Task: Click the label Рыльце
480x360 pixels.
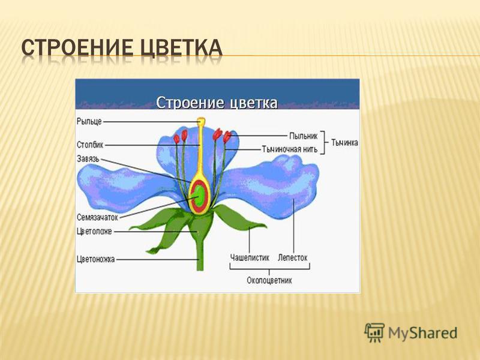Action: [x=89, y=122]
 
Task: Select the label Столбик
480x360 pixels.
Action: [x=90, y=145]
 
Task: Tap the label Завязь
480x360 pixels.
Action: [x=88, y=159]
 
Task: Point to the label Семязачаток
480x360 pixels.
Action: [x=97, y=217]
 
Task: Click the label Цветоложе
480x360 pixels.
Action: [x=94, y=232]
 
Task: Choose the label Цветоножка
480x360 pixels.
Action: [x=95, y=259]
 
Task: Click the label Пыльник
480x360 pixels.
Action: [x=304, y=136]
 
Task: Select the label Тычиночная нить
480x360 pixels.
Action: [x=290, y=149]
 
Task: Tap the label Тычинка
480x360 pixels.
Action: [x=344, y=143]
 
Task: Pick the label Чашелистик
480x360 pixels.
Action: [x=250, y=258]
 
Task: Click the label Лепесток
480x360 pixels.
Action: [x=292, y=258]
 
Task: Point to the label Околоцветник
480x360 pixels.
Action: [x=269, y=280]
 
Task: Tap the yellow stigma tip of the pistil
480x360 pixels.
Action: [x=201, y=121]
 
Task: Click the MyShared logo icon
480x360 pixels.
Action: [x=374, y=332]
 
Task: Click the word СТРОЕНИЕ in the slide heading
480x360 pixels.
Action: [x=78, y=48]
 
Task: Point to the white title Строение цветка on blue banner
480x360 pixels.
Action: [x=217, y=103]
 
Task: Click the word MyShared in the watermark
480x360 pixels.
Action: [x=423, y=333]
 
